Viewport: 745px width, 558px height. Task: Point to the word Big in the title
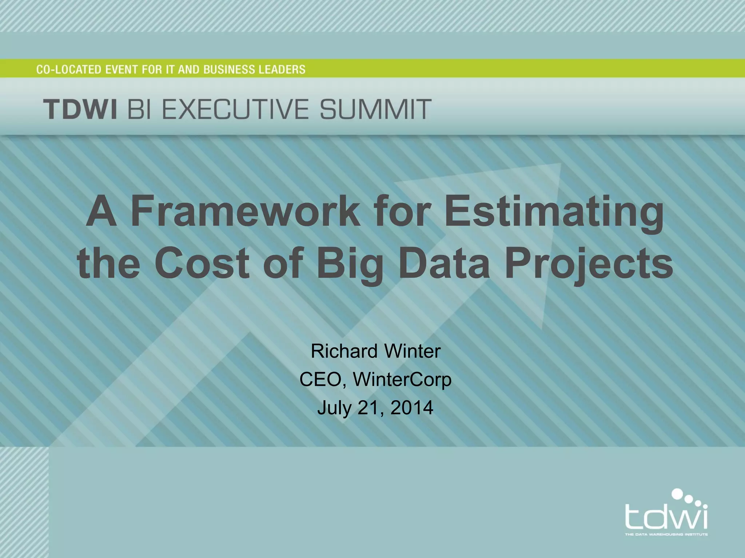(350, 264)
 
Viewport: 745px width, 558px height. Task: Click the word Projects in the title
(589, 264)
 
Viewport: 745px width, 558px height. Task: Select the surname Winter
(413, 351)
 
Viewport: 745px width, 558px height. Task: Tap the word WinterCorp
(402, 380)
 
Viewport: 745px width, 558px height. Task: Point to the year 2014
(412, 408)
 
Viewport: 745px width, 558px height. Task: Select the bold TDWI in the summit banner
(80, 109)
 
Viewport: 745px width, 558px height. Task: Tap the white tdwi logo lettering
(666, 516)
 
